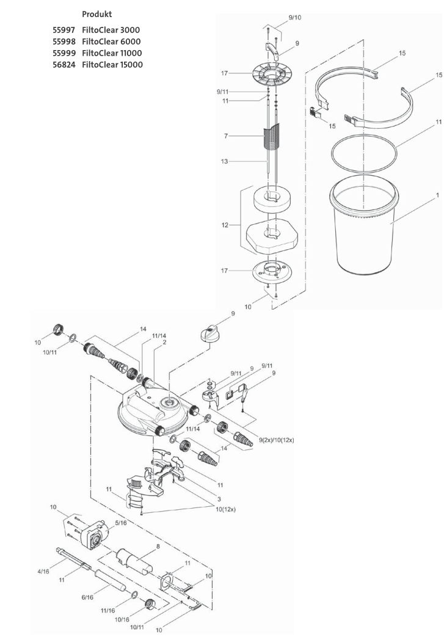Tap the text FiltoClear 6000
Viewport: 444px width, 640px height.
point(114,42)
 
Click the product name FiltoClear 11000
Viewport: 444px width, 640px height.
point(114,53)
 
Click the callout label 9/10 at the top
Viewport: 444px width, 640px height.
point(294,17)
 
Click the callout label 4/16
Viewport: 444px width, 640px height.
point(43,572)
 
